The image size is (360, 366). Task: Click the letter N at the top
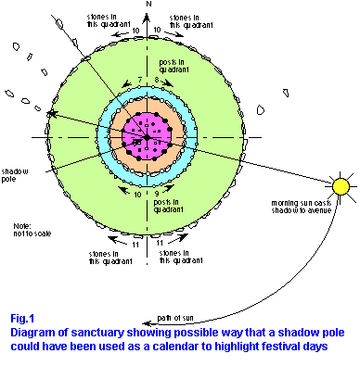tap(148, 5)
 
